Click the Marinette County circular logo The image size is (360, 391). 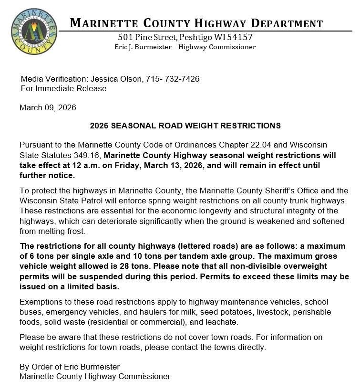click(x=33, y=31)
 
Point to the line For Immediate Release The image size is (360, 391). click(x=63, y=88)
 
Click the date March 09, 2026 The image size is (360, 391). click(x=48, y=107)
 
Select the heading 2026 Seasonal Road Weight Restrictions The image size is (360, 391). click(x=185, y=126)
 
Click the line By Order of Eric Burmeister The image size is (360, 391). click(x=70, y=367)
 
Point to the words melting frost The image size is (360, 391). click(x=63, y=231)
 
